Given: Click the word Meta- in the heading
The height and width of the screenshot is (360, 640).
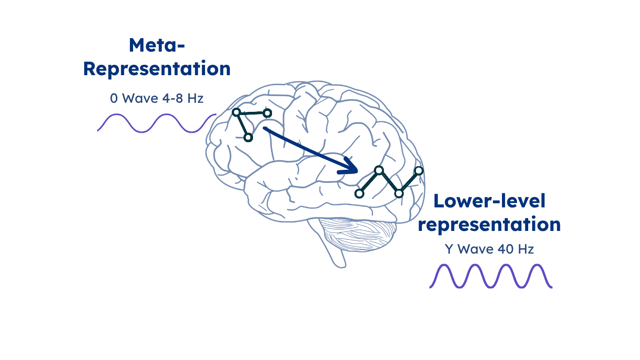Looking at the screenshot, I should [157, 46].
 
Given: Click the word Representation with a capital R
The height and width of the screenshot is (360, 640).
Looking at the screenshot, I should [157, 69].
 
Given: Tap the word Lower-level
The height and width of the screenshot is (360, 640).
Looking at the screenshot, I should [489, 201].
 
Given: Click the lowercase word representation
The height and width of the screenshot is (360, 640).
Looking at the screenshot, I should [489, 224].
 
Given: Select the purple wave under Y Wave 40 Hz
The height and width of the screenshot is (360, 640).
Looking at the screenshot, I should [491, 276].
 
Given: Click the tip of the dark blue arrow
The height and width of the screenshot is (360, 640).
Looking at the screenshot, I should [357, 171].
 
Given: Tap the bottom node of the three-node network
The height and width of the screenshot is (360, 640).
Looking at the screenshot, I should [248, 137].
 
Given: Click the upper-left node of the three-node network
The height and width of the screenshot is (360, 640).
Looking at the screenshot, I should [236, 112].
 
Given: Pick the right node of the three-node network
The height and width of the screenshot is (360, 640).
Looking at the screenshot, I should [267, 113].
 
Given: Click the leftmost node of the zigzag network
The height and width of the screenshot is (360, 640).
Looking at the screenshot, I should [359, 194].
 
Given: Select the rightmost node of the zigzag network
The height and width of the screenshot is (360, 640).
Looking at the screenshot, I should [419, 171].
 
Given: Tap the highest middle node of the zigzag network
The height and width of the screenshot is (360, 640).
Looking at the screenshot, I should [379, 170].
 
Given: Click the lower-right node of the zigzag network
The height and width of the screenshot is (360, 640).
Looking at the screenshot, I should [399, 193].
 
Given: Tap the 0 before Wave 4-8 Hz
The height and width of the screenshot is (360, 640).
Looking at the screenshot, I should [114, 98].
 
